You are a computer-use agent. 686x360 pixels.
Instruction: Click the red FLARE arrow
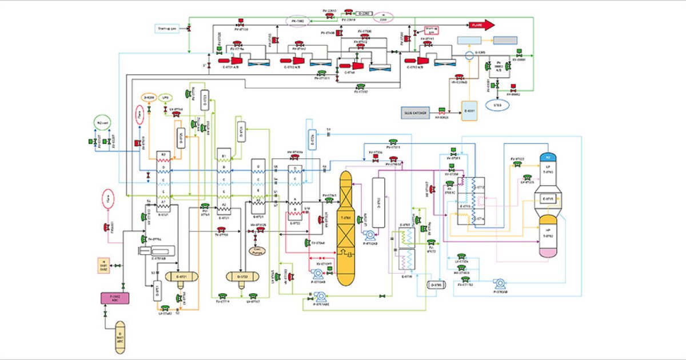click(x=480, y=25)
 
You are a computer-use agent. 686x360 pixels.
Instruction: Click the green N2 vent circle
click(x=101, y=123)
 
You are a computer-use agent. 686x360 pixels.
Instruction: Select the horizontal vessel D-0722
click(x=241, y=277)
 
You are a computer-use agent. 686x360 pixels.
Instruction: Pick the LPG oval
click(x=165, y=98)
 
